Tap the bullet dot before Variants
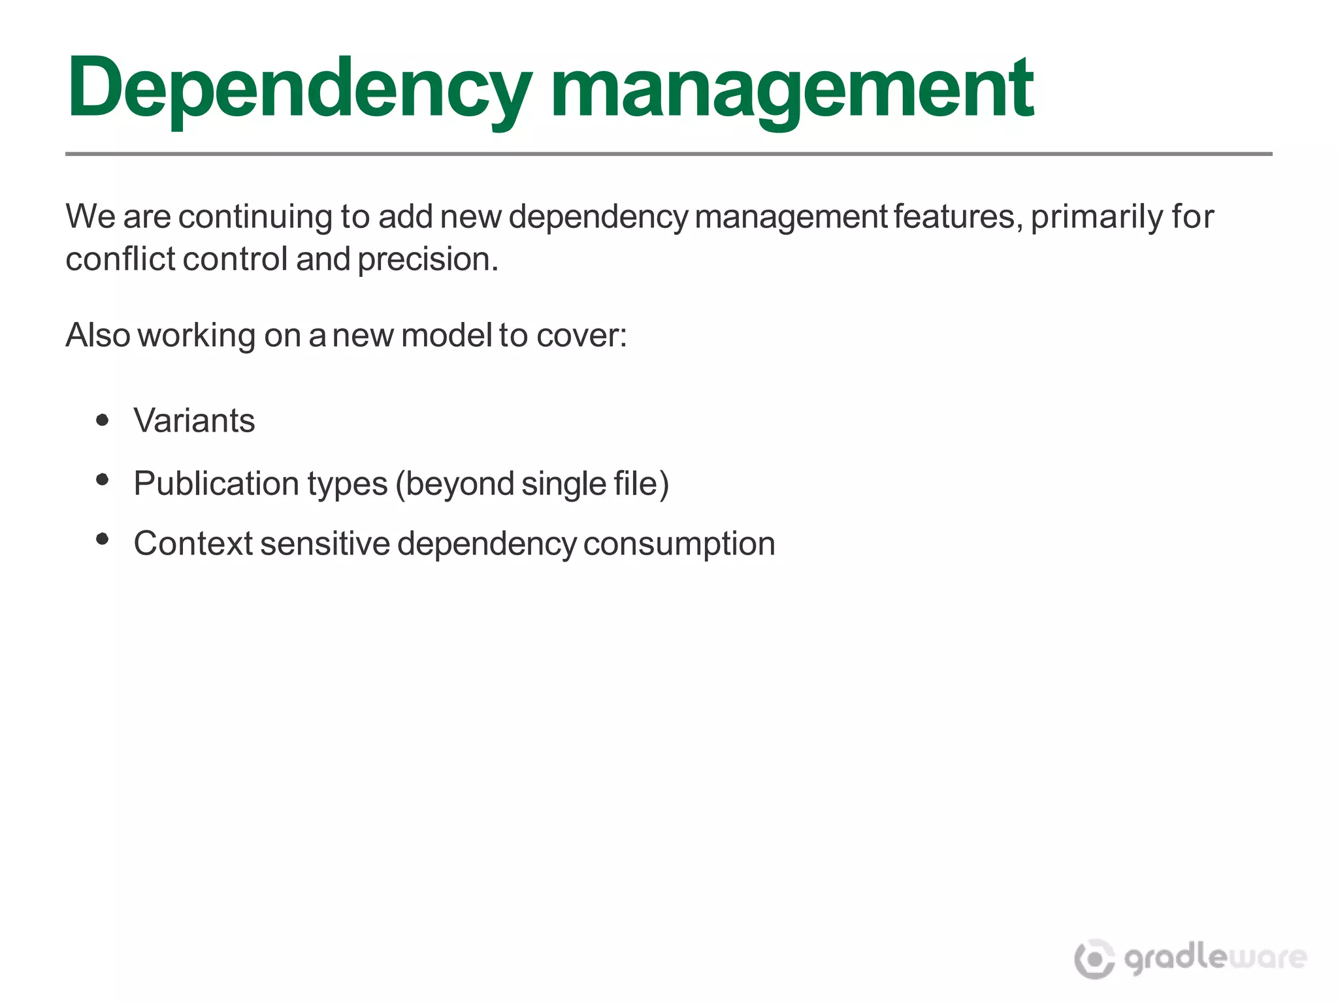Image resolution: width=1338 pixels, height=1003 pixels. (x=102, y=420)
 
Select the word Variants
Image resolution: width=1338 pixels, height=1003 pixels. (x=194, y=420)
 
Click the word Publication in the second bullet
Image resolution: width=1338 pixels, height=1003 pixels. (x=216, y=484)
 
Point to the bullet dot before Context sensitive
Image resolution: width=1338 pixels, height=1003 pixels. (x=102, y=539)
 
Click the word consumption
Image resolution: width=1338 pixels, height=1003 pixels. (x=679, y=543)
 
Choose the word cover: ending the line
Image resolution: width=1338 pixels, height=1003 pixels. (x=581, y=335)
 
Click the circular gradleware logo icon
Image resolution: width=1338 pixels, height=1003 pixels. (x=1094, y=959)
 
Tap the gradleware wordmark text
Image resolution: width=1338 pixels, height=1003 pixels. (x=1215, y=959)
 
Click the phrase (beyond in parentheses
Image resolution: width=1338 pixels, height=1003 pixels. (x=455, y=484)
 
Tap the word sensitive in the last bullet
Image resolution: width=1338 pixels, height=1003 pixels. (x=325, y=543)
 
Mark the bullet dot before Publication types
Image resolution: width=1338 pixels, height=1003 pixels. (x=102, y=480)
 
